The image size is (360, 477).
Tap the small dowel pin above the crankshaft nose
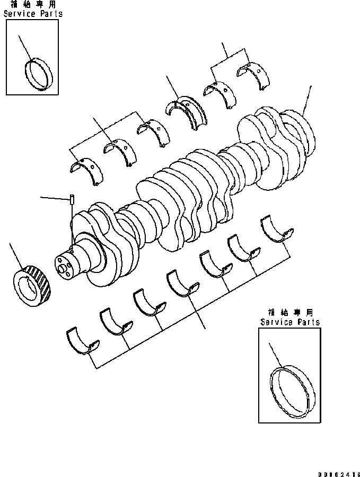[71, 200]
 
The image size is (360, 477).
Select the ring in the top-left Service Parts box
[39, 74]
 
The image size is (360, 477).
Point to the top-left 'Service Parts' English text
[33, 14]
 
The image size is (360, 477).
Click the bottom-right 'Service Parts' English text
[290, 322]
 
